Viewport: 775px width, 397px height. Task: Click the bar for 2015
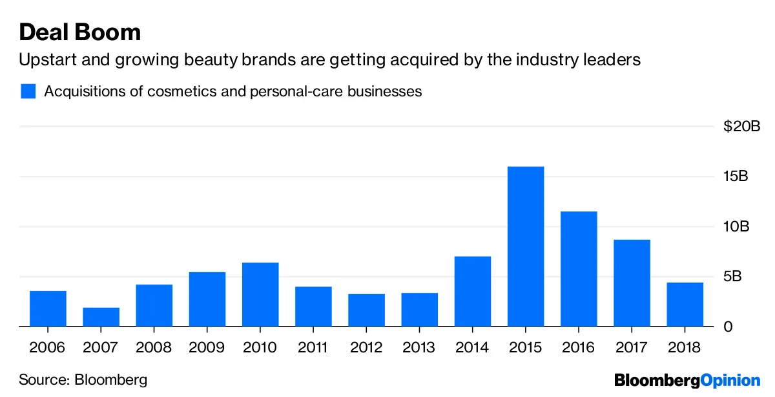pyautogui.click(x=526, y=246)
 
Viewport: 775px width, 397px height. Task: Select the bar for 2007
pyautogui.click(x=101, y=317)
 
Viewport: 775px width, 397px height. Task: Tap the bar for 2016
pyautogui.click(x=579, y=269)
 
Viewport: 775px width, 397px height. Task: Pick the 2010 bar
pyautogui.click(x=260, y=294)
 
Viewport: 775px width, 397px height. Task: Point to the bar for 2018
pyautogui.click(x=685, y=305)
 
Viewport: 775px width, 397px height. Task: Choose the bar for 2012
pyautogui.click(x=366, y=310)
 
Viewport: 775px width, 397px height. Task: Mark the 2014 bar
pyautogui.click(x=473, y=292)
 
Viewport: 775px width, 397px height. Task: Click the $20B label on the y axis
pyautogui.click(x=741, y=126)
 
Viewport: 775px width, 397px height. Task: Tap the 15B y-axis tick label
pyautogui.click(x=735, y=177)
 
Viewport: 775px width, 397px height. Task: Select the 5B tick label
pyautogui.click(x=732, y=277)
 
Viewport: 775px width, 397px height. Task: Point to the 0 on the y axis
pyautogui.click(x=728, y=327)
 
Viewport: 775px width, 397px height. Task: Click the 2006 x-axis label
pyautogui.click(x=48, y=348)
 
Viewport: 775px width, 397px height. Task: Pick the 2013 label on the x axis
pyautogui.click(x=419, y=348)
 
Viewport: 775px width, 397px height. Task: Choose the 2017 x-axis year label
pyautogui.click(x=632, y=348)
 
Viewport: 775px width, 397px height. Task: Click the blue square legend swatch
pyautogui.click(x=28, y=91)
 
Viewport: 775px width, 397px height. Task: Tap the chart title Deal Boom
pyautogui.click(x=80, y=32)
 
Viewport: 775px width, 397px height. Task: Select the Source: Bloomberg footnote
pyautogui.click(x=83, y=380)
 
